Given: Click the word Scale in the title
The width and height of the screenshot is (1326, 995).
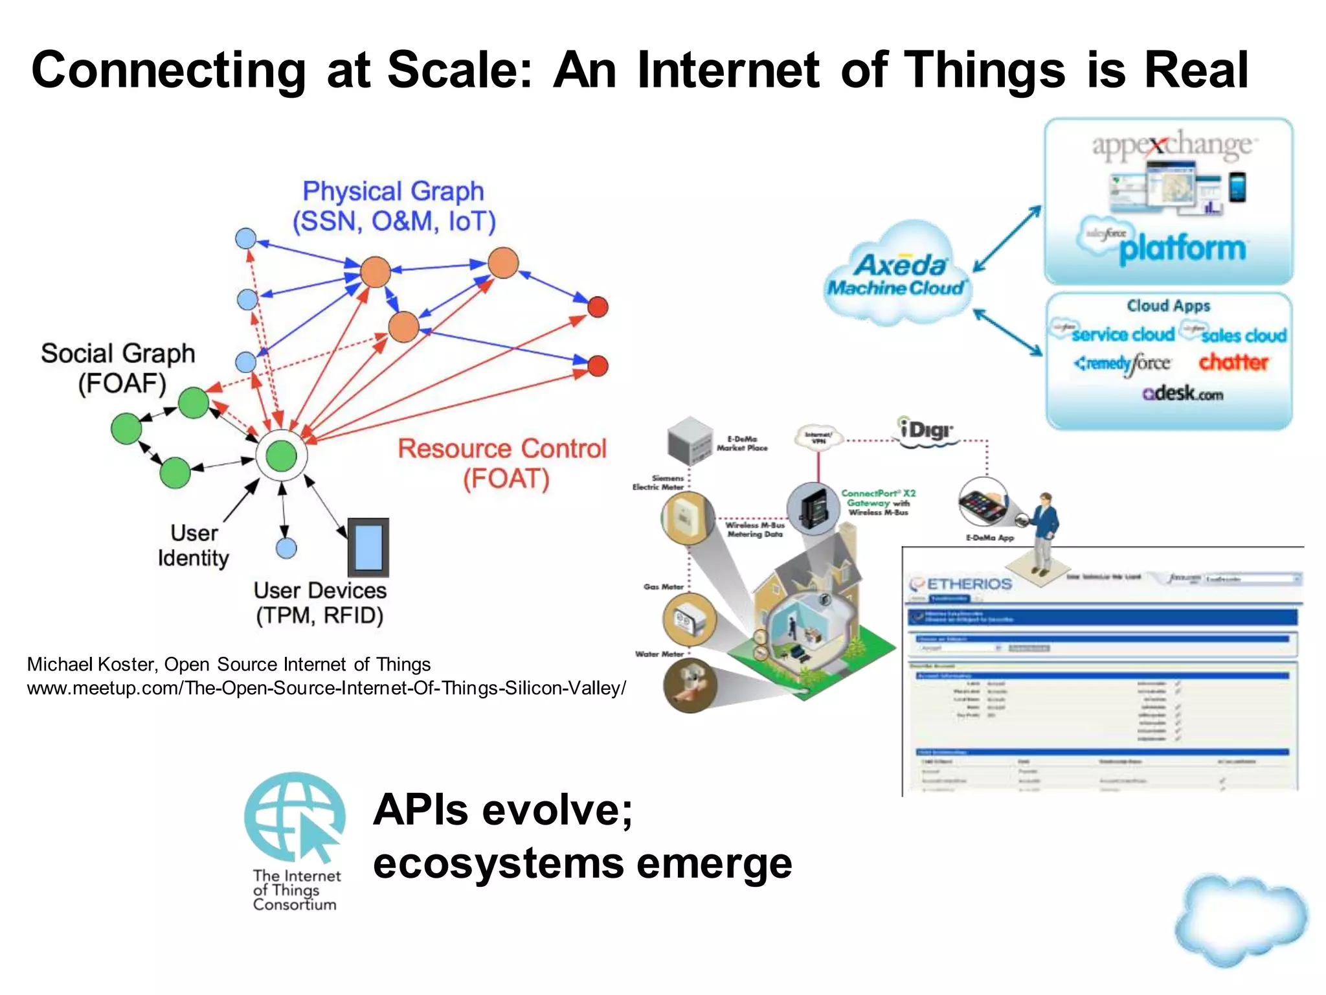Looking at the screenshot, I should (458, 70).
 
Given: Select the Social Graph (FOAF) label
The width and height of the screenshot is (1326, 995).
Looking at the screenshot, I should (118, 368).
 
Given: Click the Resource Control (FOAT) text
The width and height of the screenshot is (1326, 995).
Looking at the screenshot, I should (502, 463).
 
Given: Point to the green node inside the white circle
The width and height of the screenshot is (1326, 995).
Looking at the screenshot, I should (281, 455).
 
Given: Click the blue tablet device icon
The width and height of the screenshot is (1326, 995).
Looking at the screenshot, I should (368, 547).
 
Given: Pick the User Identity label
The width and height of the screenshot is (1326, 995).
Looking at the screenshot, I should (193, 545).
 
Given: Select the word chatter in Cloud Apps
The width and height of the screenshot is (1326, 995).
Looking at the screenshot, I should (1233, 362).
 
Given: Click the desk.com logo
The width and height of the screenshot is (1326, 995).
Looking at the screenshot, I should (1182, 393).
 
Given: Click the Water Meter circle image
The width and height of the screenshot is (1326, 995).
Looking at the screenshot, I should (690, 685).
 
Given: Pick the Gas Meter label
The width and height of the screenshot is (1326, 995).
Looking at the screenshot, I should (663, 586).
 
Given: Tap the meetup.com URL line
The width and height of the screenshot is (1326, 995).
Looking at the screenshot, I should (326, 688).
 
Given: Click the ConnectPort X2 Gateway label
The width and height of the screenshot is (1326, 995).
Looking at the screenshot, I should (878, 502).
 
